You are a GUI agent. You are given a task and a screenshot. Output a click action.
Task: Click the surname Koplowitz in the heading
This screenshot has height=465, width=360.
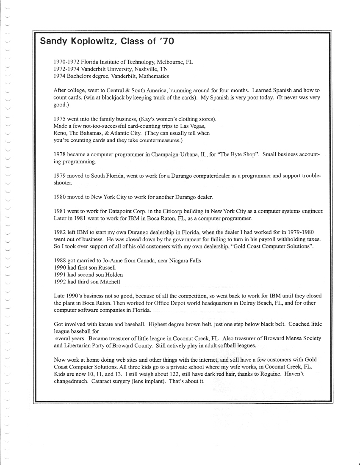pos(89,41)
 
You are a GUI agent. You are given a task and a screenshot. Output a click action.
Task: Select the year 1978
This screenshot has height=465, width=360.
pos(61,155)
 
